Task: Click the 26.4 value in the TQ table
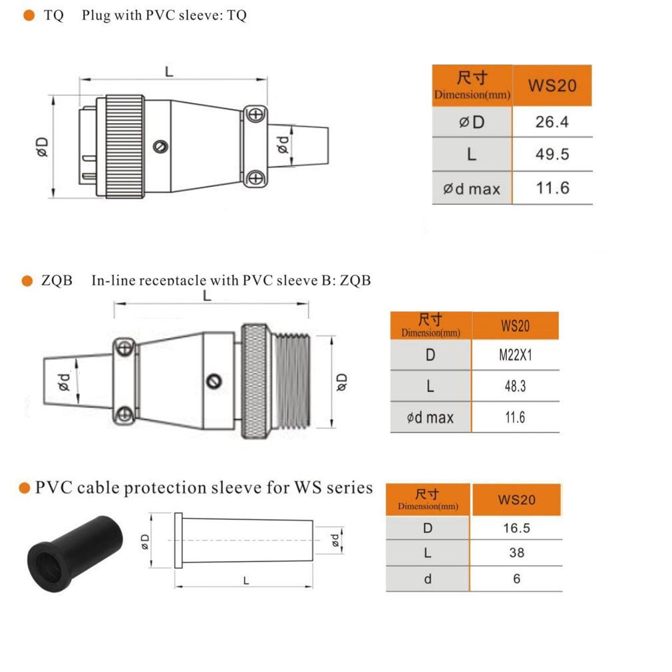pyautogui.click(x=552, y=122)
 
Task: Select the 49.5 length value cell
pyautogui.click(x=552, y=154)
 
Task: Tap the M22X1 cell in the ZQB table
pyautogui.click(x=515, y=355)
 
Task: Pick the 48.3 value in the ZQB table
pyautogui.click(x=515, y=386)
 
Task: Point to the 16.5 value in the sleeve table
pyautogui.click(x=516, y=528)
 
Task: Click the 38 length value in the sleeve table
pyautogui.click(x=516, y=553)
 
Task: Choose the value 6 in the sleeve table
pyautogui.click(x=516, y=579)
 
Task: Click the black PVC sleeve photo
pyautogui.click(x=75, y=553)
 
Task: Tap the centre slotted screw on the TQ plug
pyautogui.click(x=160, y=146)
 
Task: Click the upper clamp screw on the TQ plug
pyautogui.click(x=255, y=115)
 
